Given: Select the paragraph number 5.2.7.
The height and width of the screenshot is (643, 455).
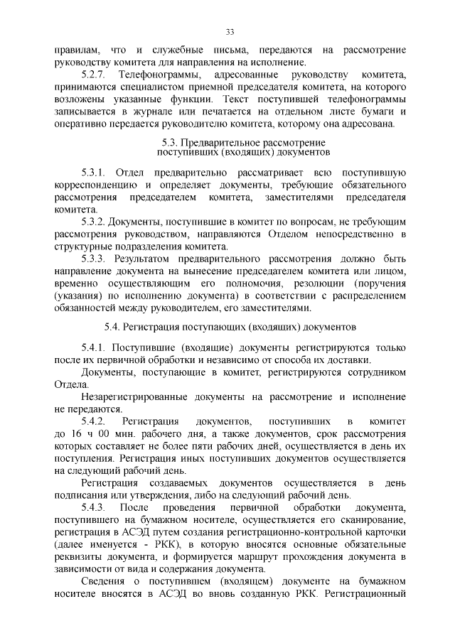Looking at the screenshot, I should [x=95, y=74].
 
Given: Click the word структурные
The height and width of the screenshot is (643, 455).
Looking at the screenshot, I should [x=83, y=247].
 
